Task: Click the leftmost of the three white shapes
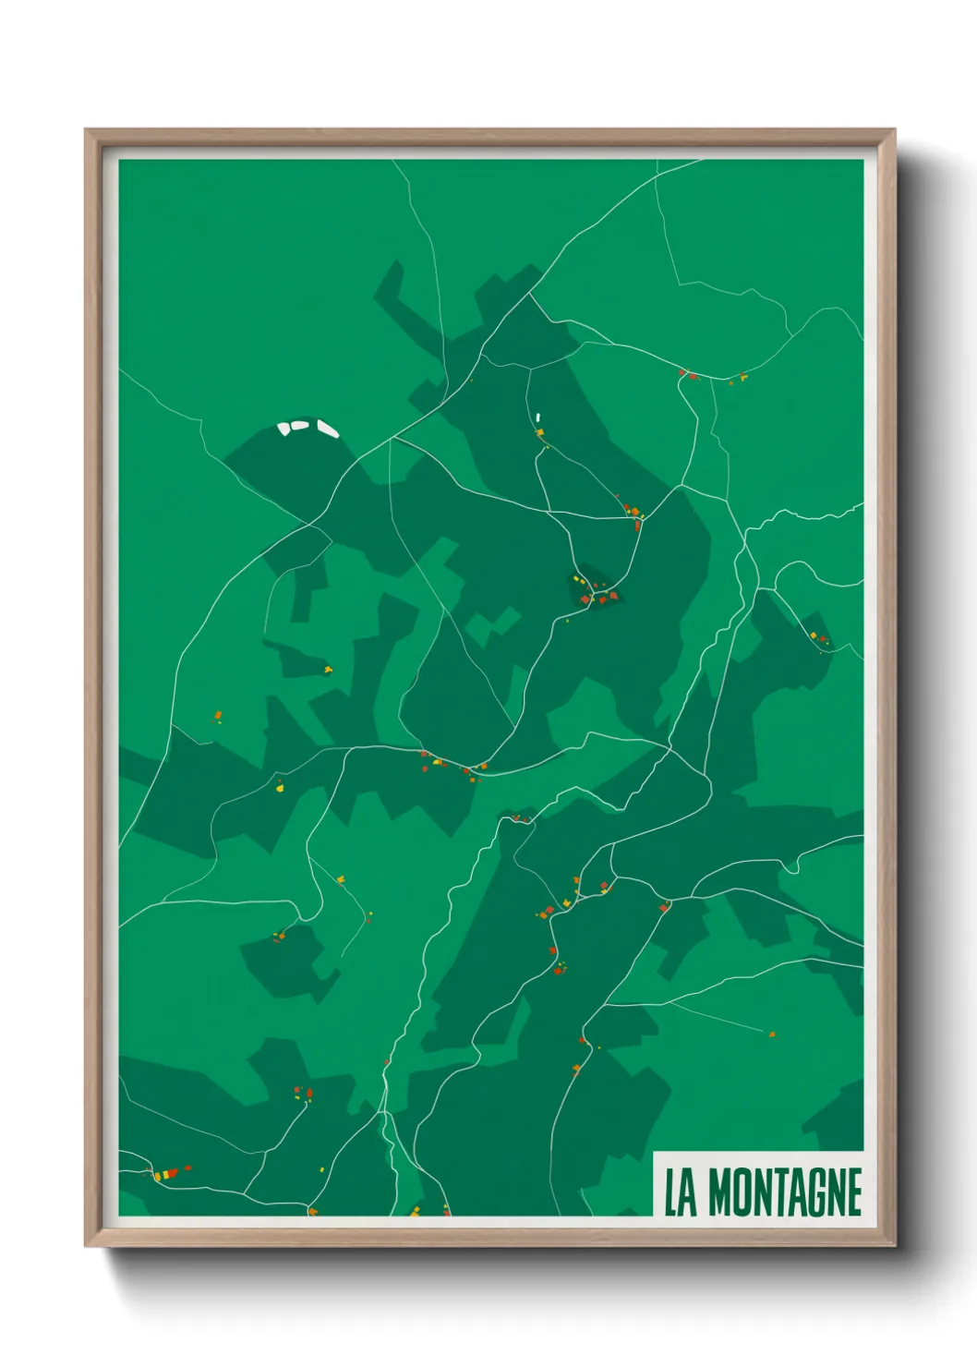point(284,428)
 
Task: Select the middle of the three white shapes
point(300,426)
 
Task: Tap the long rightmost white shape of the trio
point(328,428)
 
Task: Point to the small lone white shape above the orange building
point(537,417)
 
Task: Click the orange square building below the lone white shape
point(539,431)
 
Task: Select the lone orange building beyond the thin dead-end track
point(772,1034)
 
